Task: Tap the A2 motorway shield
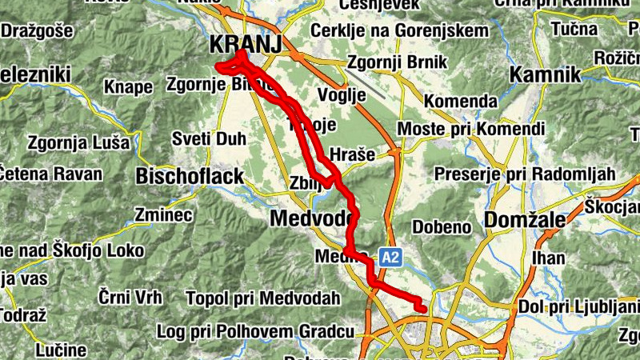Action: (390, 258)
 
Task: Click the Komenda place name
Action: (460, 102)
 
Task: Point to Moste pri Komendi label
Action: (471, 129)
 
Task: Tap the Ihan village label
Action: (548, 258)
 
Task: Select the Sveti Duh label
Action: (210, 139)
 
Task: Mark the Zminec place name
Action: (164, 214)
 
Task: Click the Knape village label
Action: (128, 86)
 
